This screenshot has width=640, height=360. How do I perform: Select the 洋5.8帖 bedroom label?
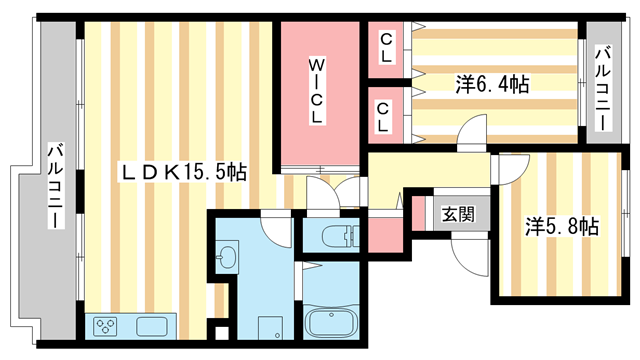pos(561,226)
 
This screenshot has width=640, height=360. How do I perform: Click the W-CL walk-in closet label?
pos(316,92)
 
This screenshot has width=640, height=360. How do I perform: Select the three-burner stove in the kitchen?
pos(107,326)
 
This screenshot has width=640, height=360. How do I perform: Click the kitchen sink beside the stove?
pos(152,326)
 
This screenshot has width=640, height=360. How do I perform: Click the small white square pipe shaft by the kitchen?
pos(220,262)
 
